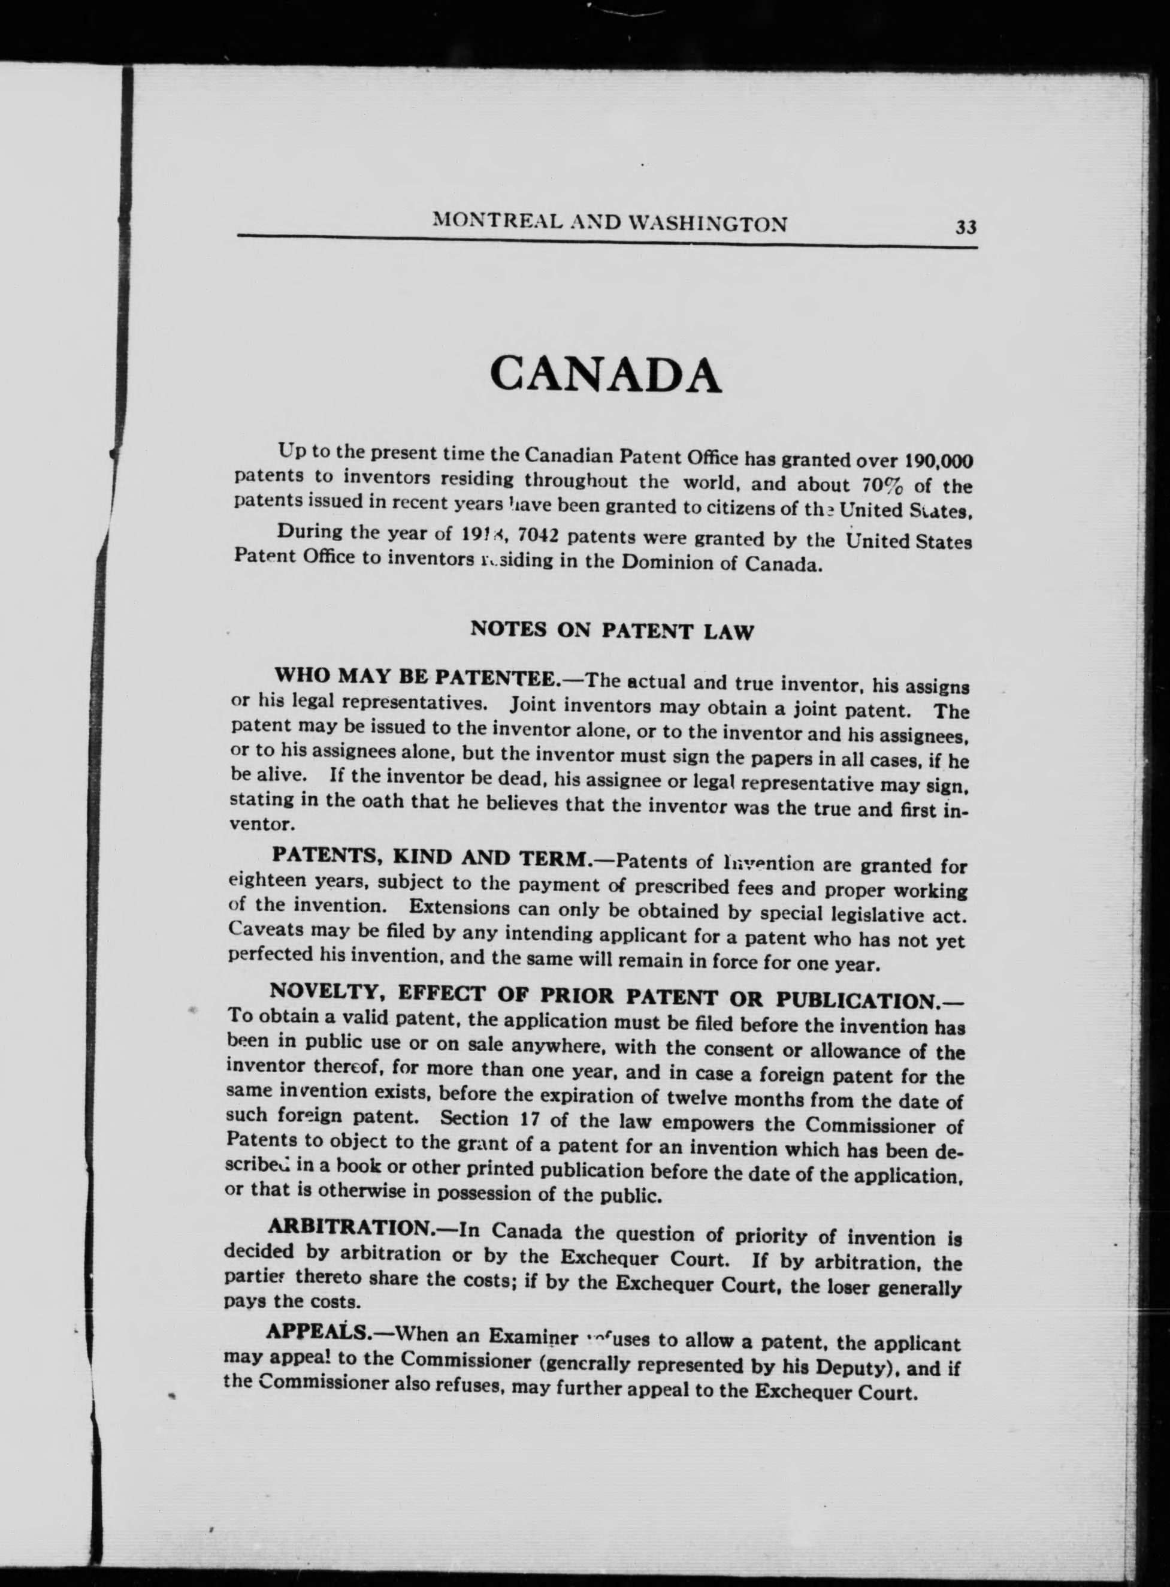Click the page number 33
(966, 227)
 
